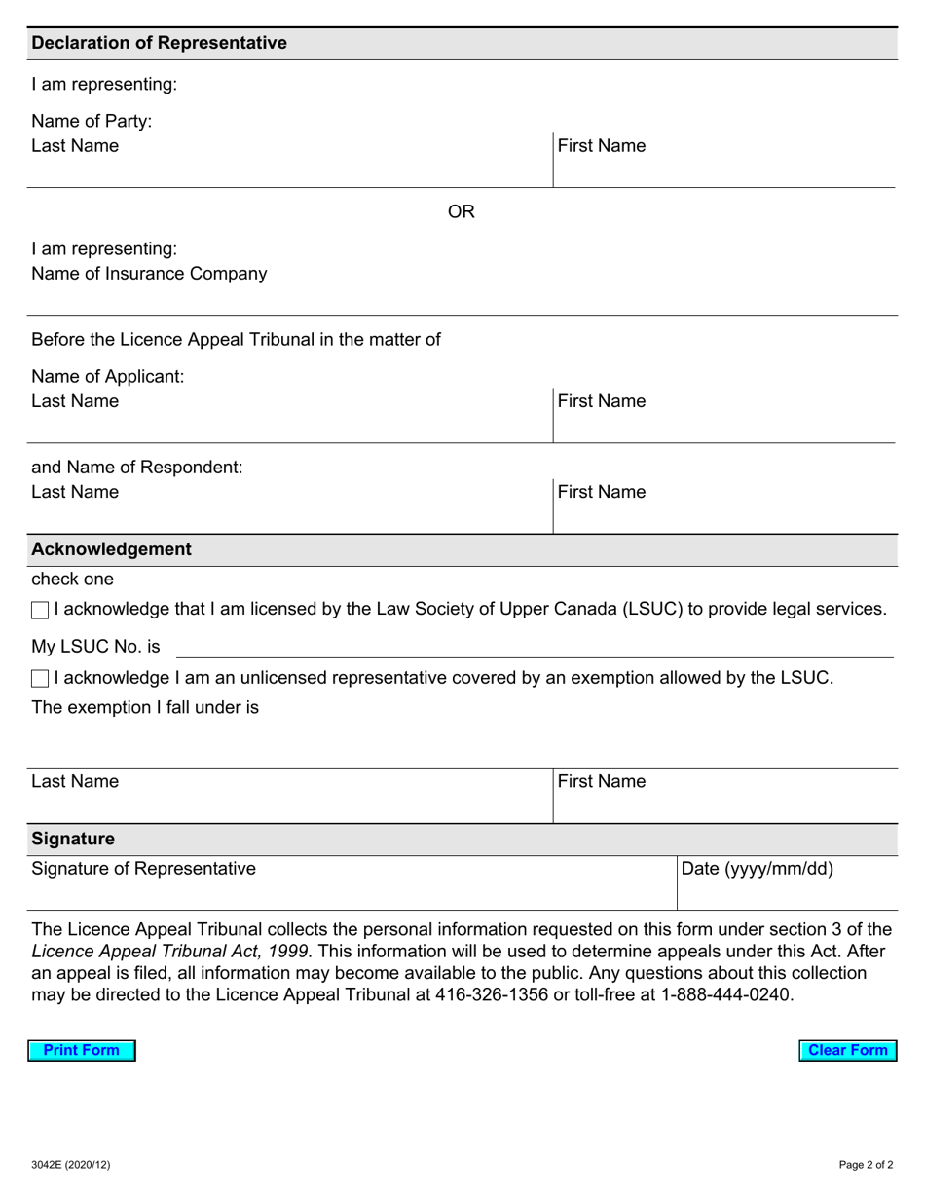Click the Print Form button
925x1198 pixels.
coord(82,1050)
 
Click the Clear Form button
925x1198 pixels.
coord(847,1050)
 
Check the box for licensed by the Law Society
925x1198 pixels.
coord(40,611)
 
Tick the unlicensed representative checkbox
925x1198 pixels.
coord(40,679)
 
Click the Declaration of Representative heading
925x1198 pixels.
coord(159,43)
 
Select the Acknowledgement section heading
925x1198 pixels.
coord(111,549)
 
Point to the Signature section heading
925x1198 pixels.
coord(73,839)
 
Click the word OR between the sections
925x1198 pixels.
coord(461,212)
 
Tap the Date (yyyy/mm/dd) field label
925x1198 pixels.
coord(757,869)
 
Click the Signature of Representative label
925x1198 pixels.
coord(144,869)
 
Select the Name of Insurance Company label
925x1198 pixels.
coord(149,274)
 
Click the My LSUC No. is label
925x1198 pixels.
coord(95,647)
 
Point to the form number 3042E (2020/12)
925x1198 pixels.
coord(71,1165)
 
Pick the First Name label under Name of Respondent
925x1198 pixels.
coord(602,492)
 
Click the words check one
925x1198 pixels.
coord(72,580)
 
